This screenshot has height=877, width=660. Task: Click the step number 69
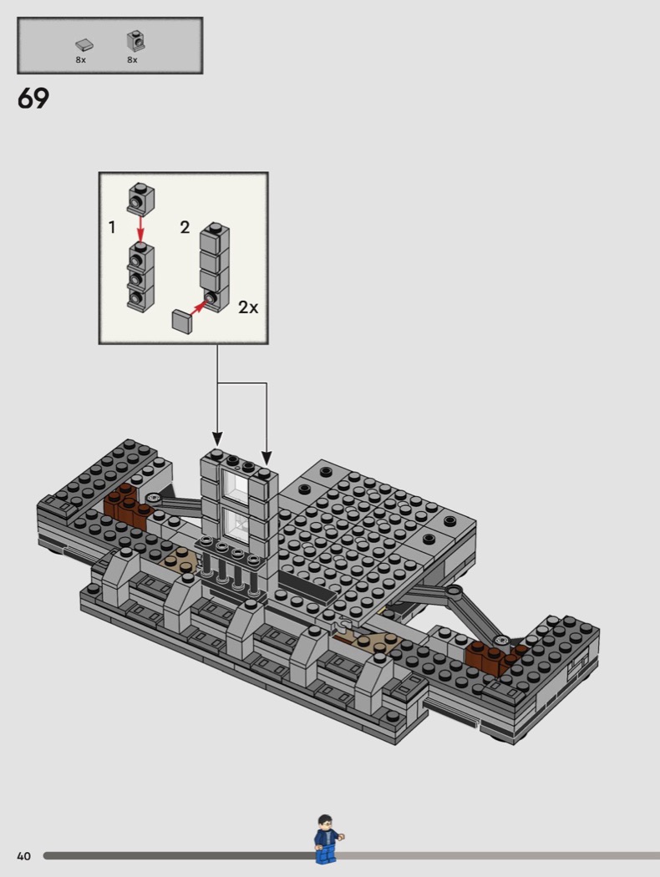pyautogui.click(x=33, y=99)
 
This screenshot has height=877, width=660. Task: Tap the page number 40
pyautogui.click(x=23, y=856)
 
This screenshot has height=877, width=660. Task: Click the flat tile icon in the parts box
pyautogui.click(x=84, y=45)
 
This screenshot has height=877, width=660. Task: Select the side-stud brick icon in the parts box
pyautogui.click(x=135, y=41)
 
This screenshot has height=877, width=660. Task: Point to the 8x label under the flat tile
pyautogui.click(x=80, y=60)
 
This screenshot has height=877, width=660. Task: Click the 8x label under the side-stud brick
pyautogui.click(x=132, y=60)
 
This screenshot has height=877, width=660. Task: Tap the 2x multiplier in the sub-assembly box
pyautogui.click(x=248, y=307)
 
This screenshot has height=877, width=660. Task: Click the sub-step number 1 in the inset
pyautogui.click(x=112, y=227)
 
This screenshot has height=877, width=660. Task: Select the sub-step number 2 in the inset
pyautogui.click(x=185, y=227)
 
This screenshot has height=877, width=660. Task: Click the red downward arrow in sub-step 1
pyautogui.click(x=140, y=230)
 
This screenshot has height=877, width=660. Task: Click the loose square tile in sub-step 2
pyautogui.click(x=181, y=322)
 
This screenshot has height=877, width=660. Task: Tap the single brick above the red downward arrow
pyautogui.click(x=140, y=199)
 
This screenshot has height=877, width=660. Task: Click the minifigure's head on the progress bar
pyautogui.click(x=325, y=822)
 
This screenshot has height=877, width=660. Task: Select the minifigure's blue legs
pyautogui.click(x=324, y=854)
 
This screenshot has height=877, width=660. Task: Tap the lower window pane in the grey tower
pyautogui.click(x=235, y=527)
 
